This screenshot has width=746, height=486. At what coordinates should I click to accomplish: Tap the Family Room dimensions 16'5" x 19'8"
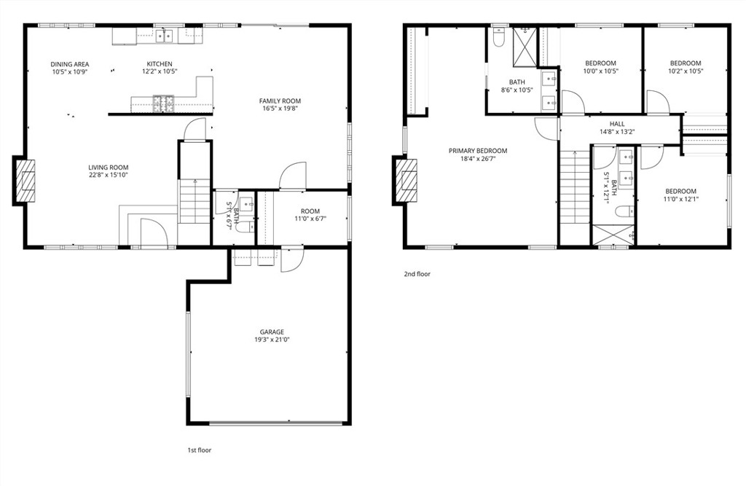pyautogui.click(x=280, y=109)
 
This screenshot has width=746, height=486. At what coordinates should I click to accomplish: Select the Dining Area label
pyautogui.click(x=70, y=64)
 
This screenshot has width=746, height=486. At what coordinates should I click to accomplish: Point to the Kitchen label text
pyautogui.click(x=159, y=64)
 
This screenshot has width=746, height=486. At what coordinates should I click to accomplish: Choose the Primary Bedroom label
pyautogui.click(x=477, y=151)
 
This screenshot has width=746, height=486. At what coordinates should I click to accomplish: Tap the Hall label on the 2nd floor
pyautogui.click(x=617, y=124)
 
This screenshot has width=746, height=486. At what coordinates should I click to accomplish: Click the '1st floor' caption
pyautogui.click(x=199, y=450)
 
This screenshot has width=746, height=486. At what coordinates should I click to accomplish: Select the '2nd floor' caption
pyautogui.click(x=417, y=275)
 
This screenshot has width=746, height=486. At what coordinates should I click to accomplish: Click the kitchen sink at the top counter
pyautogui.click(x=165, y=34)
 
